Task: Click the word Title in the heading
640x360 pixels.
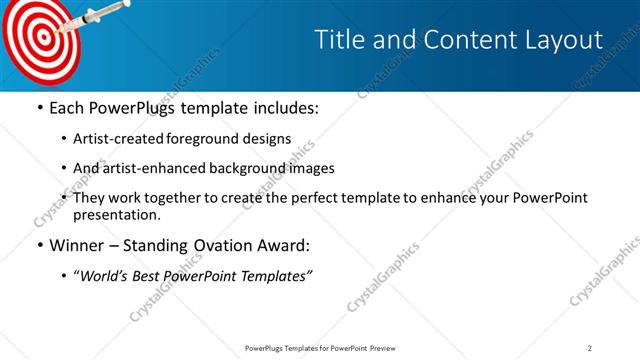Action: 339,40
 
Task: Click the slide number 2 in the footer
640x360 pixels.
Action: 590,347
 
